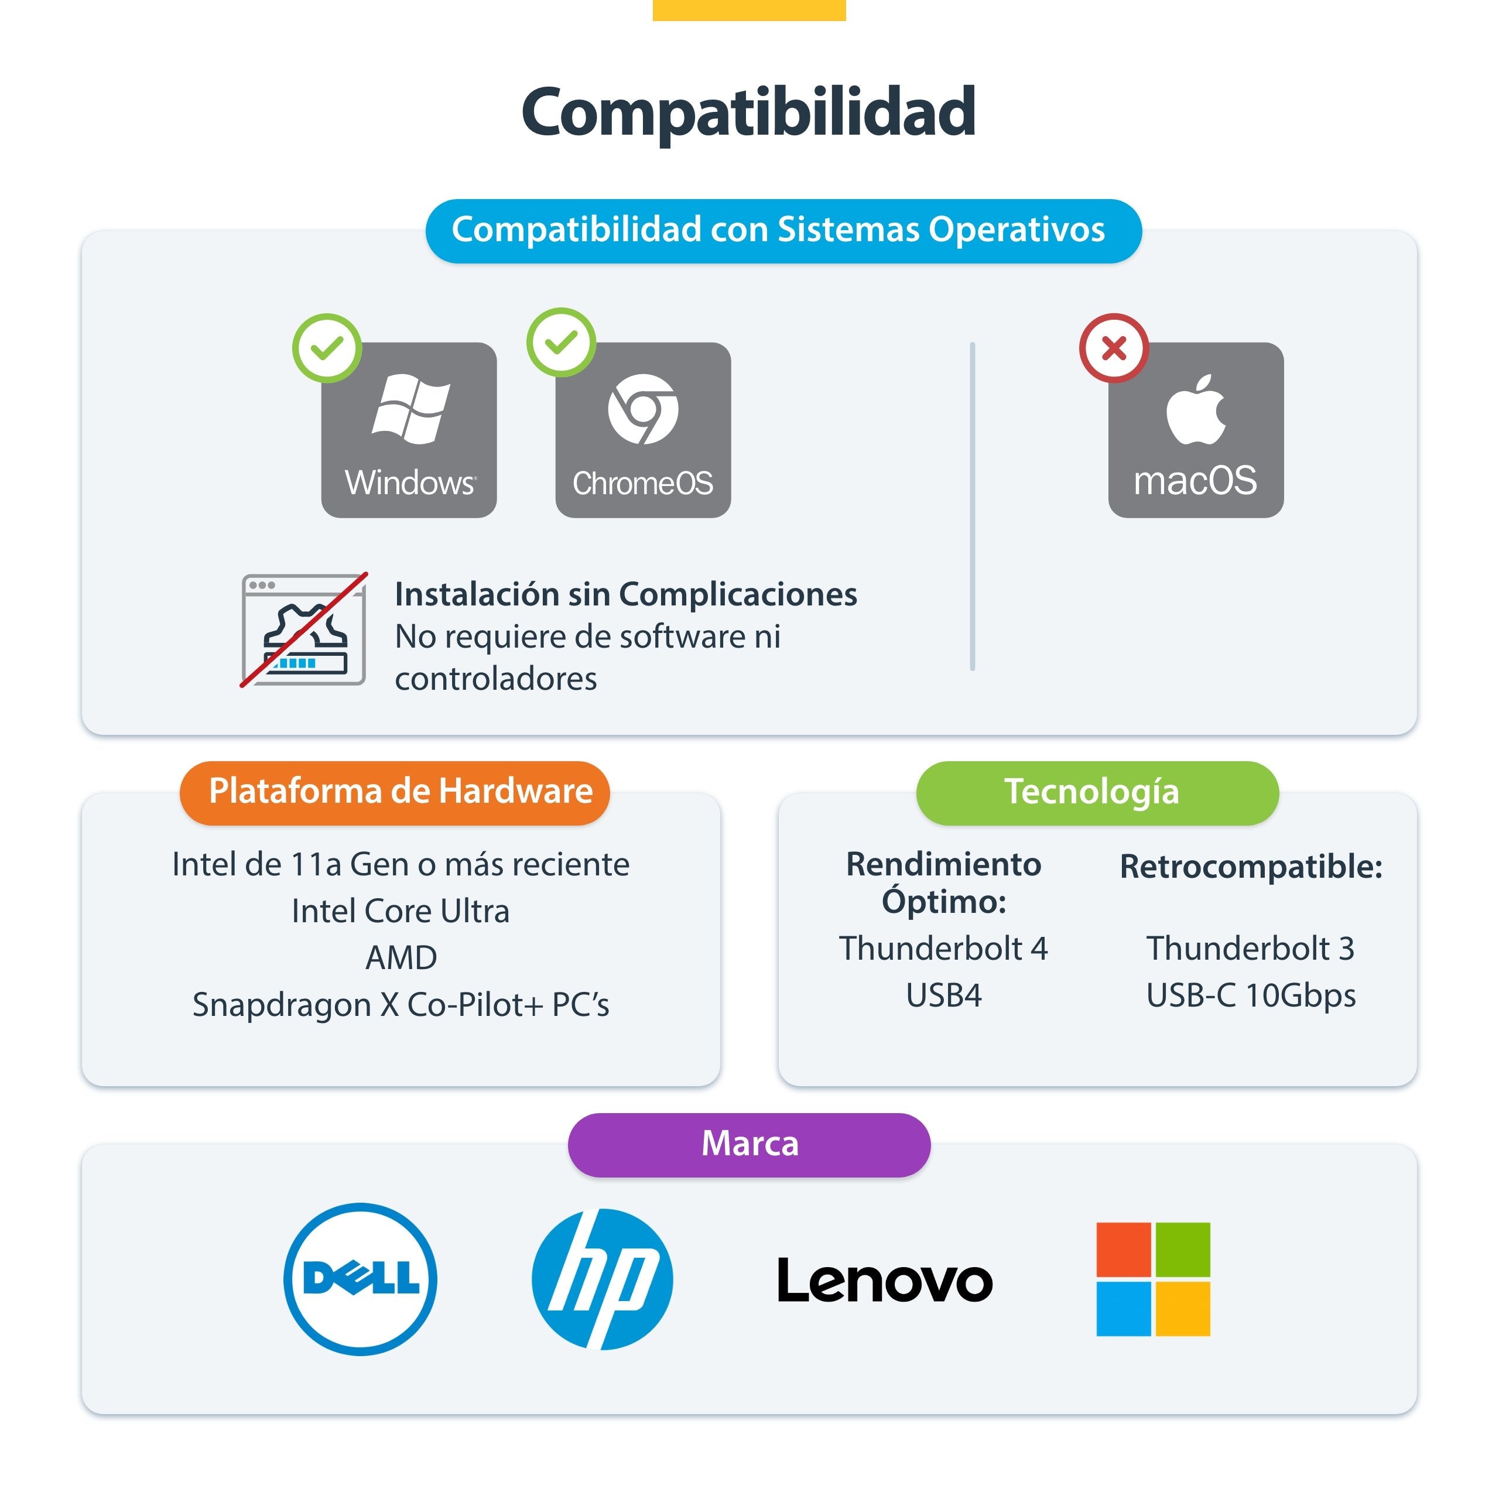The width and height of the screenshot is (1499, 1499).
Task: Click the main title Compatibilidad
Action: click(x=749, y=113)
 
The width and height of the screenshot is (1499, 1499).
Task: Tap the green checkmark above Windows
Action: click(x=327, y=348)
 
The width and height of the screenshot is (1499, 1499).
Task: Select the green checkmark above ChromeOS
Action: click(x=561, y=342)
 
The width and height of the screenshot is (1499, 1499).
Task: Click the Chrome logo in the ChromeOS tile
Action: click(x=643, y=409)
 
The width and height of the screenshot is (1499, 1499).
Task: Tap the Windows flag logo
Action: click(x=410, y=409)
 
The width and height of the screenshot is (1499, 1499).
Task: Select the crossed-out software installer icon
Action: click(x=304, y=630)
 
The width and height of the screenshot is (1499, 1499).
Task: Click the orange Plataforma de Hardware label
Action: click(x=395, y=792)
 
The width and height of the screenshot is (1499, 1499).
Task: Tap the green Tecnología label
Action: click(x=1097, y=792)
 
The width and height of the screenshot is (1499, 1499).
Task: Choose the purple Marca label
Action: click(x=749, y=1144)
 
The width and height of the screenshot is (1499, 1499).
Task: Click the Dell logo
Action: click(x=360, y=1279)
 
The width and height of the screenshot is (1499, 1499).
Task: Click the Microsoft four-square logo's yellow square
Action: click(x=1182, y=1308)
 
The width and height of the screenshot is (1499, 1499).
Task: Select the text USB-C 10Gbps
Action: click(x=1251, y=996)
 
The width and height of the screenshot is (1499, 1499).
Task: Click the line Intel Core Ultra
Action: click(x=401, y=911)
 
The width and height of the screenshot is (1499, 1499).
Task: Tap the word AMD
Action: click(x=401, y=957)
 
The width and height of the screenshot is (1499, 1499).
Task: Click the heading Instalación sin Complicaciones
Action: click(x=626, y=594)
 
